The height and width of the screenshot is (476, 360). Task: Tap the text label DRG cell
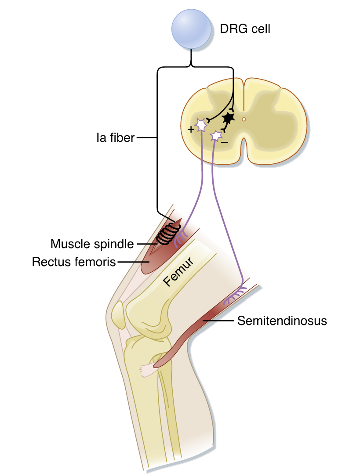245,29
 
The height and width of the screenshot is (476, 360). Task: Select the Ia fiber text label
116,138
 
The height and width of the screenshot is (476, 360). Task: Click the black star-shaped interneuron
228,118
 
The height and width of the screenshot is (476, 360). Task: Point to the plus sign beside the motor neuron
190,130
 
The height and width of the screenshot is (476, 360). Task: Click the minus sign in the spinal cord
224,143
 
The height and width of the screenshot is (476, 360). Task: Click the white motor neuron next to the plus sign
201,126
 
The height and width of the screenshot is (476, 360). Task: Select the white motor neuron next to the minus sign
215,136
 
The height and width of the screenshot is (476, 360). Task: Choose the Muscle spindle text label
92,243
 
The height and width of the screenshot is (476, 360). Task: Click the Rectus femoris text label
73,262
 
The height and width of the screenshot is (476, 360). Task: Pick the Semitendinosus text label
282,321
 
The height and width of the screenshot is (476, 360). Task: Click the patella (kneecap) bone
117,313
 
